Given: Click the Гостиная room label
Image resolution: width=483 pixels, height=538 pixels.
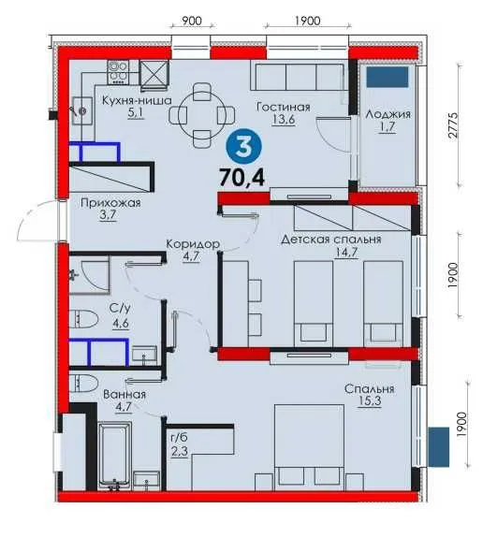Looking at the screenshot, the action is point(284,108).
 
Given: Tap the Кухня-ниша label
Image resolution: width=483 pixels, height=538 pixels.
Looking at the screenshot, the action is point(137,100).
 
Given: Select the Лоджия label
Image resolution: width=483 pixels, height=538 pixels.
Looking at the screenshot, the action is point(388,114).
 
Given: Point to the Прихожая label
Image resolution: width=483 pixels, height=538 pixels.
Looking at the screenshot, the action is point(110,203).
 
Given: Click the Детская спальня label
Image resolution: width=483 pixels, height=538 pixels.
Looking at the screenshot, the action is point(331,240).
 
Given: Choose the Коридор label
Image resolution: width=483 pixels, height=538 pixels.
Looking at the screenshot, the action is point(193,244).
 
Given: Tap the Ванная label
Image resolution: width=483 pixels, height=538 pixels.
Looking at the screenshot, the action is point(124,394).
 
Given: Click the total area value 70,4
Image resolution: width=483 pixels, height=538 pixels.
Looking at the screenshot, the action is point(242,178).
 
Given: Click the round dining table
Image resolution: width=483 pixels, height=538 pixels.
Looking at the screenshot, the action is point(202,115).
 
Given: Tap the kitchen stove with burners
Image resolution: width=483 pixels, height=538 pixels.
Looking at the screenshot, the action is point(119,72).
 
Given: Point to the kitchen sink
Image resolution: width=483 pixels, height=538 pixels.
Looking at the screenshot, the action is point(82,110).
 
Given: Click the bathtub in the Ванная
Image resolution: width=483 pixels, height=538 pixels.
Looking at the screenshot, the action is point(115,456).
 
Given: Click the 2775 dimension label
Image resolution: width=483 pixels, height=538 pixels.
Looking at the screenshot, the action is point(453,125).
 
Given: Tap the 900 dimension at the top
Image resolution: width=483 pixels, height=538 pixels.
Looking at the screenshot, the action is point(192,21).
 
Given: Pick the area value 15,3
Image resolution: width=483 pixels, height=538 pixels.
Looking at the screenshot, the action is point(369,400).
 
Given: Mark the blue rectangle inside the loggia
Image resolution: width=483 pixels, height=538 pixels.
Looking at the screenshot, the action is point(388,77).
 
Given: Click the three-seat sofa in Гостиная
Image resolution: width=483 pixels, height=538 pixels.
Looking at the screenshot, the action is point(299,76).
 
